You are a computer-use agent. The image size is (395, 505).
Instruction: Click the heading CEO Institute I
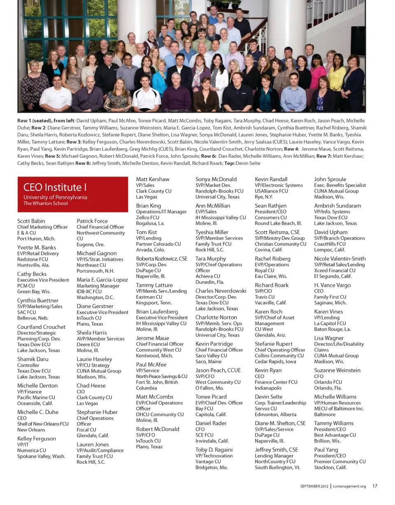point(55,188)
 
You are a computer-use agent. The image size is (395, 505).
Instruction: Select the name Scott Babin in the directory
point(31,221)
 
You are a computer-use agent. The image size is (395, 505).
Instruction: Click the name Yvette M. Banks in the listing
point(37,247)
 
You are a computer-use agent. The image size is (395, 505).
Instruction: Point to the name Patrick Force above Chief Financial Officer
point(92,221)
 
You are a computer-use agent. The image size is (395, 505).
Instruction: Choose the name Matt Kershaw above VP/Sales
point(152,179)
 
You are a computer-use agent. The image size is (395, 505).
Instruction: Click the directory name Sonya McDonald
point(216,179)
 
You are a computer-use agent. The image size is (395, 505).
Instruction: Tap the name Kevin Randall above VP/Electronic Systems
point(271,179)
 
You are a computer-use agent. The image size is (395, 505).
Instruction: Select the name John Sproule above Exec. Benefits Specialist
point(330,179)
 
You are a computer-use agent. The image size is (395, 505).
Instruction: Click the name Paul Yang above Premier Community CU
point(326,449)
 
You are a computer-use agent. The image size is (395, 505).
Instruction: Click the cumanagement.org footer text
point(349,486)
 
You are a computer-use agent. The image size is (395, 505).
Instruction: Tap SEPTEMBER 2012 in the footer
point(314,486)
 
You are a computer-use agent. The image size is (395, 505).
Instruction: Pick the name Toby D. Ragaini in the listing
point(214,449)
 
